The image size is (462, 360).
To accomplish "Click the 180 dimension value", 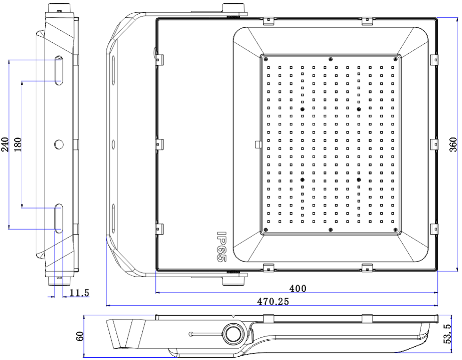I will (18, 144).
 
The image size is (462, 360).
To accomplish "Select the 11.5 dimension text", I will (79, 293).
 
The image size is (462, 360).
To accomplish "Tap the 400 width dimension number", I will (298, 288).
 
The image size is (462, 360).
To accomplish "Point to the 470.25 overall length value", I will (273, 301).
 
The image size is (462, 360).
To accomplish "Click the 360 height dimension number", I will (453, 144).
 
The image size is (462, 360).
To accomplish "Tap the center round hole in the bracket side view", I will (59, 144).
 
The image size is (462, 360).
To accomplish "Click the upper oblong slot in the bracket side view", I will (58, 71).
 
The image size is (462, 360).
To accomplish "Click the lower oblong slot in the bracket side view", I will (58, 218).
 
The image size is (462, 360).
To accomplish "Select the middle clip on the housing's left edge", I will (158, 144).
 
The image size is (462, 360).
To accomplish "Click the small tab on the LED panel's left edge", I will (258, 144).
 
